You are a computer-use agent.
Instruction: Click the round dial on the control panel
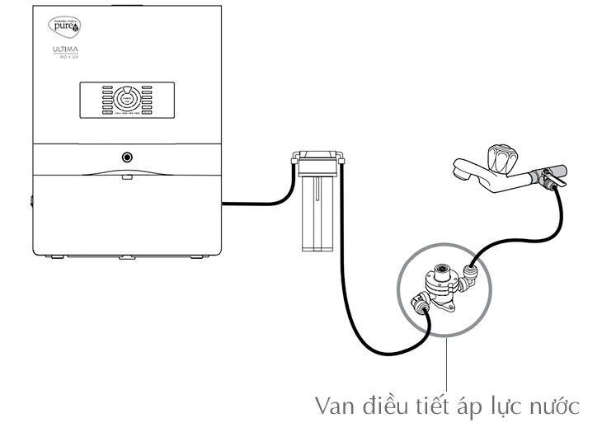(x=126, y=100)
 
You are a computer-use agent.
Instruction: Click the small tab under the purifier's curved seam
(x=126, y=176)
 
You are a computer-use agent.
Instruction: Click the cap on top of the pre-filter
(x=317, y=154)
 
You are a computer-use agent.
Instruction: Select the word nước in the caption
(x=552, y=406)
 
